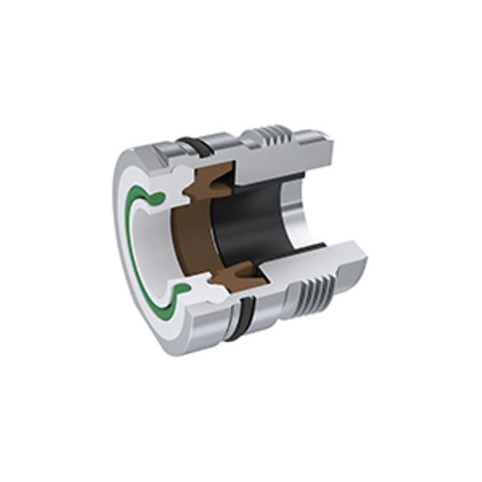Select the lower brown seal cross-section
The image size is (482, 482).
[236, 276]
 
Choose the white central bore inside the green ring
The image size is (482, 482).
[149, 248]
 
